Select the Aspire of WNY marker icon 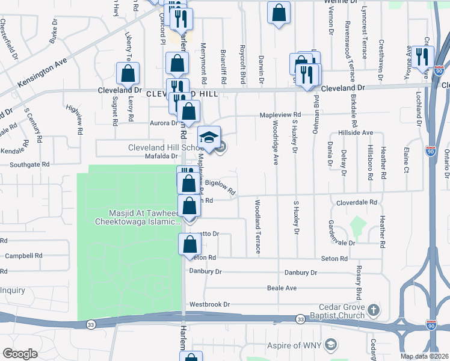[x=330, y=345]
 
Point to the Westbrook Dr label [x=209, y=304]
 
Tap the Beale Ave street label [x=282, y=288]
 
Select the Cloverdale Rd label [x=356, y=203]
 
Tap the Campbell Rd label [x=23, y=256]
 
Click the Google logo [x=20, y=353]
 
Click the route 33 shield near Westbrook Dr [x=300, y=318]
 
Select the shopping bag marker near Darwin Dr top [x=279, y=13]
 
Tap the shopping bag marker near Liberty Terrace [x=128, y=74]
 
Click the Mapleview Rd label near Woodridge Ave [x=280, y=114]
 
